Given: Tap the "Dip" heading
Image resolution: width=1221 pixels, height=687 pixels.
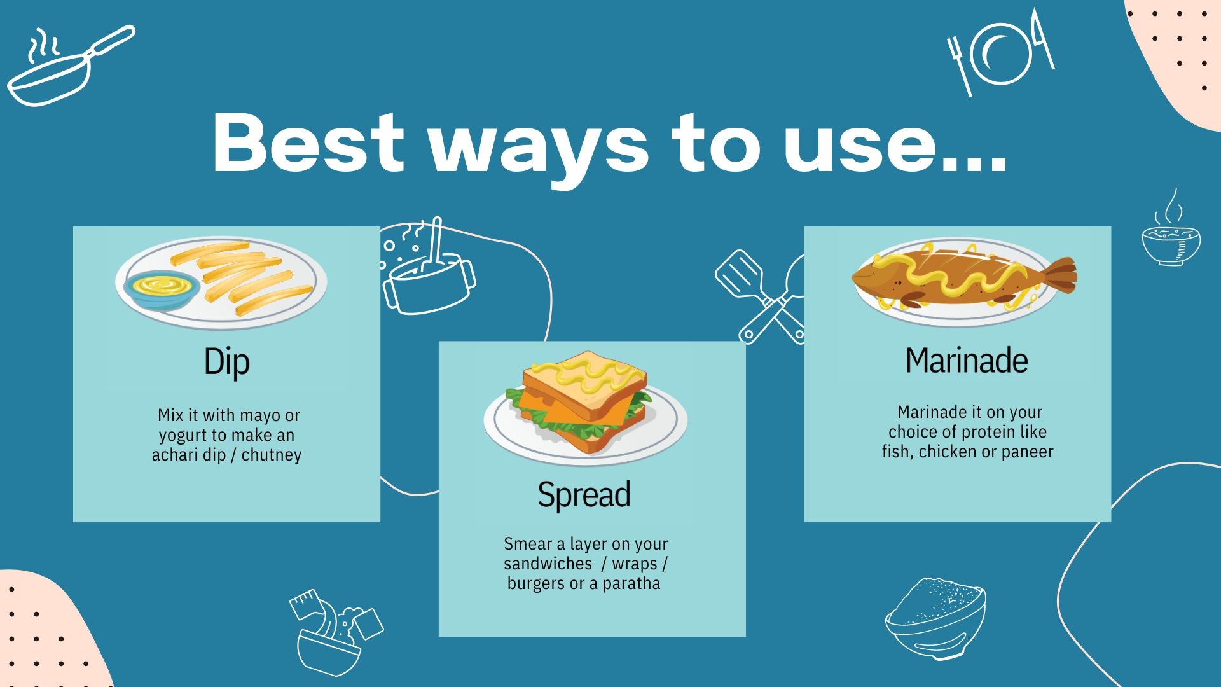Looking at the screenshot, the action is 227,362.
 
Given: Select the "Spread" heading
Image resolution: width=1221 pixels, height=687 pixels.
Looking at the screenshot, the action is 584,495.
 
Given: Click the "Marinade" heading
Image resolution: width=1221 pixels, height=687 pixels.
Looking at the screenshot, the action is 967,361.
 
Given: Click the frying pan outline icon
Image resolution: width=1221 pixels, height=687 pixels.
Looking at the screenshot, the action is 70,65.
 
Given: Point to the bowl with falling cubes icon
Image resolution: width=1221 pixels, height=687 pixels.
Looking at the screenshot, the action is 336,633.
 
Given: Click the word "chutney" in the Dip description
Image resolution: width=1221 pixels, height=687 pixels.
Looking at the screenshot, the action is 272,455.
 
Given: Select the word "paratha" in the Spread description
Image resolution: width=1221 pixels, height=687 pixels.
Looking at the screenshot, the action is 631,584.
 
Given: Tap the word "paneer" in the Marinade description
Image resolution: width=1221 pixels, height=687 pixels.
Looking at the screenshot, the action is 1028,452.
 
